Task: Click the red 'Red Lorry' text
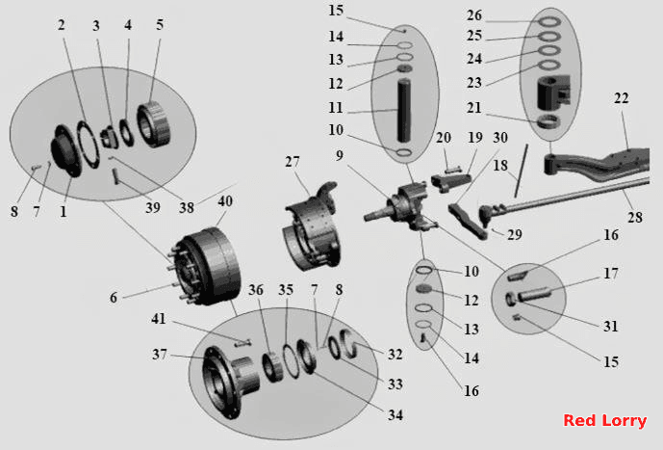point(604,421)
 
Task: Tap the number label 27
point(293,162)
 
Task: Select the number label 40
point(225,201)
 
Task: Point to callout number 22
point(621,98)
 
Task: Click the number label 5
point(160,24)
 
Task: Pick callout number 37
point(160,354)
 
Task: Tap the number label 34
point(395,415)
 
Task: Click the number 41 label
point(159,319)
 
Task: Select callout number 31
point(611,326)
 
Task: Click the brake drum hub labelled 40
point(206,266)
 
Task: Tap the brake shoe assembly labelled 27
point(311,228)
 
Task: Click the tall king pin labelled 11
point(404,111)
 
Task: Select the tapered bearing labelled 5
point(153,125)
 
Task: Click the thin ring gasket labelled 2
point(89,144)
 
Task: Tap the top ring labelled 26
point(549,21)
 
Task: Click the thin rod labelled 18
point(522,171)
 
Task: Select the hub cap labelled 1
point(64,150)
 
